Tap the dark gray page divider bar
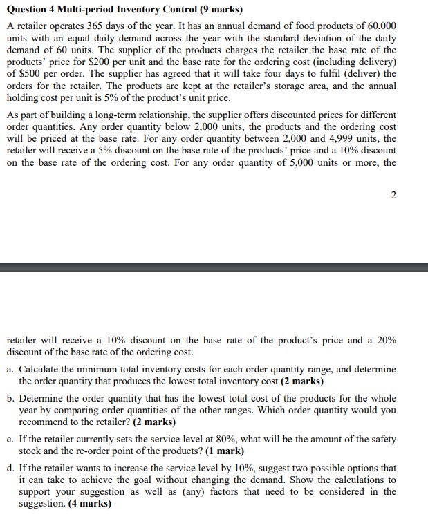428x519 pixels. [214, 267]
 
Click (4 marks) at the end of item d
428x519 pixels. [89, 503]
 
